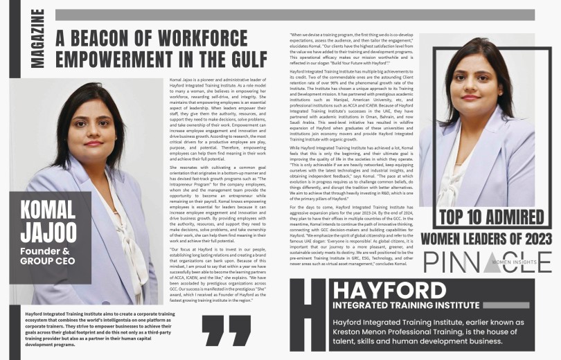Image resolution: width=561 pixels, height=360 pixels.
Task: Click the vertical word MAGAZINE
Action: (37, 39)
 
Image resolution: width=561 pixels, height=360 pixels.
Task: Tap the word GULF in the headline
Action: (248, 59)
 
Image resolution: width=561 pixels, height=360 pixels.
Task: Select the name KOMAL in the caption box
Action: (48, 210)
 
